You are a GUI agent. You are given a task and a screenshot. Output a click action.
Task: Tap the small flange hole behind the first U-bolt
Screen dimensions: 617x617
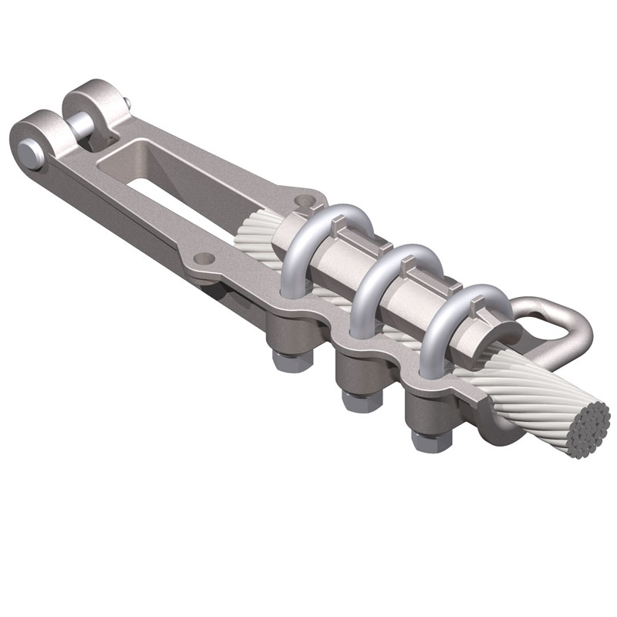(308, 202)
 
